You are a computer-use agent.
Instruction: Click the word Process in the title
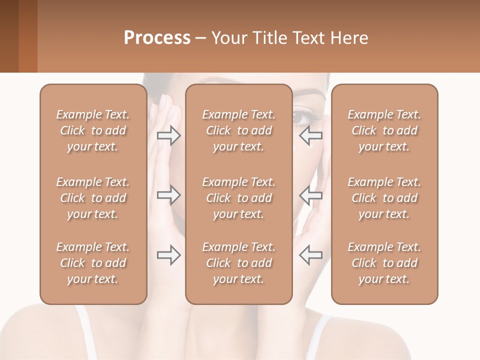[x=157, y=38]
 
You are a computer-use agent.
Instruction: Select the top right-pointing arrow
[x=168, y=135]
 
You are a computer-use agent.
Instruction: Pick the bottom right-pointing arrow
[x=168, y=255]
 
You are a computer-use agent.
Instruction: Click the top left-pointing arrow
[x=310, y=135]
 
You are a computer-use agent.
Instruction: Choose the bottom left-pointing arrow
[x=310, y=255]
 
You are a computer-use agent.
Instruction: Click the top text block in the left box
[x=93, y=130]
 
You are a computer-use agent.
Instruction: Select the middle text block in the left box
[x=93, y=198]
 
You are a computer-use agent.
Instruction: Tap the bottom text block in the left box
[x=93, y=263]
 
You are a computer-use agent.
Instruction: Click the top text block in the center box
[x=238, y=130]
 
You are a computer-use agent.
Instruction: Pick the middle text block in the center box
[x=238, y=198]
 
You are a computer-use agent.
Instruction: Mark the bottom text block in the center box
[x=238, y=263]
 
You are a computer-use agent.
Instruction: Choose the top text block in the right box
[x=384, y=130]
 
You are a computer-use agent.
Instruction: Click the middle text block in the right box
[x=384, y=198]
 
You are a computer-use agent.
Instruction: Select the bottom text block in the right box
[x=384, y=263]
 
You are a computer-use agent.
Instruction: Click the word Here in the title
[x=348, y=38]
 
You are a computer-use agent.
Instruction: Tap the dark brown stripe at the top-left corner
[x=9, y=36]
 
